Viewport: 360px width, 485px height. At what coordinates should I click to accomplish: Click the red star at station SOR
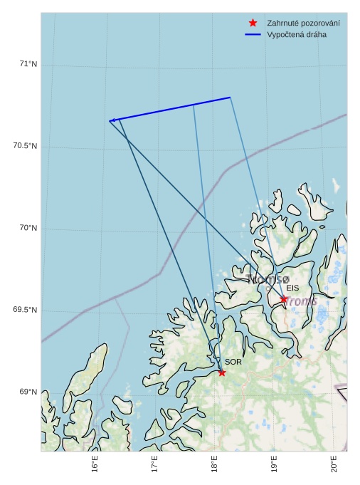pos(222,372)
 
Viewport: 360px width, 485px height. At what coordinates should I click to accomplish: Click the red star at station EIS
pos(283,299)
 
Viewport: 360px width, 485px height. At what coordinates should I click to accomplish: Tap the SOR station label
pos(233,362)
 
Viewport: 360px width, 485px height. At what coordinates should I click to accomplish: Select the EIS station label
pos(292,288)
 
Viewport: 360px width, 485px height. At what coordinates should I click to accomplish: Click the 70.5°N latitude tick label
pos(25,147)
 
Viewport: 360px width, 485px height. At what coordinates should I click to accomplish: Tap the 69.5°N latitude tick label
pos(25,311)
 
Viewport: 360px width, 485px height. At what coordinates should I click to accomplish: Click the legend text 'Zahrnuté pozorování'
pos(303,24)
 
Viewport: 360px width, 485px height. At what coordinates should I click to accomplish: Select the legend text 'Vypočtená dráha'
pos(297,35)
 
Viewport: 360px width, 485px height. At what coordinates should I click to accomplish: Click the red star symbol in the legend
pos(253,23)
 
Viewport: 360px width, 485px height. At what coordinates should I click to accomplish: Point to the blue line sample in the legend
pos(253,35)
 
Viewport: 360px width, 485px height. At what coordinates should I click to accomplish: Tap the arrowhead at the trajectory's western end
pos(112,120)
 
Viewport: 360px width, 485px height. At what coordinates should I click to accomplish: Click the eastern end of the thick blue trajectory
pos(230,97)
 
